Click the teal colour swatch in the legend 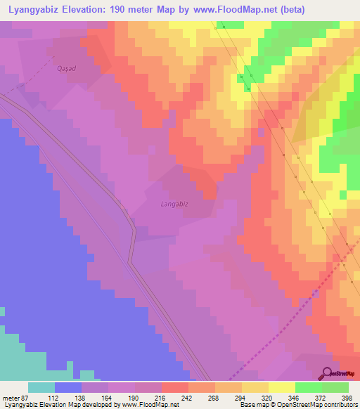tap(41, 387)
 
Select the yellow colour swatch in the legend tap(282, 387)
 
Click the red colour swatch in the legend tap(175, 387)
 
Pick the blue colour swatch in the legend tap(68, 387)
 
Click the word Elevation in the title tap(87, 8)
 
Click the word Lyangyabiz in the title tap(30, 8)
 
